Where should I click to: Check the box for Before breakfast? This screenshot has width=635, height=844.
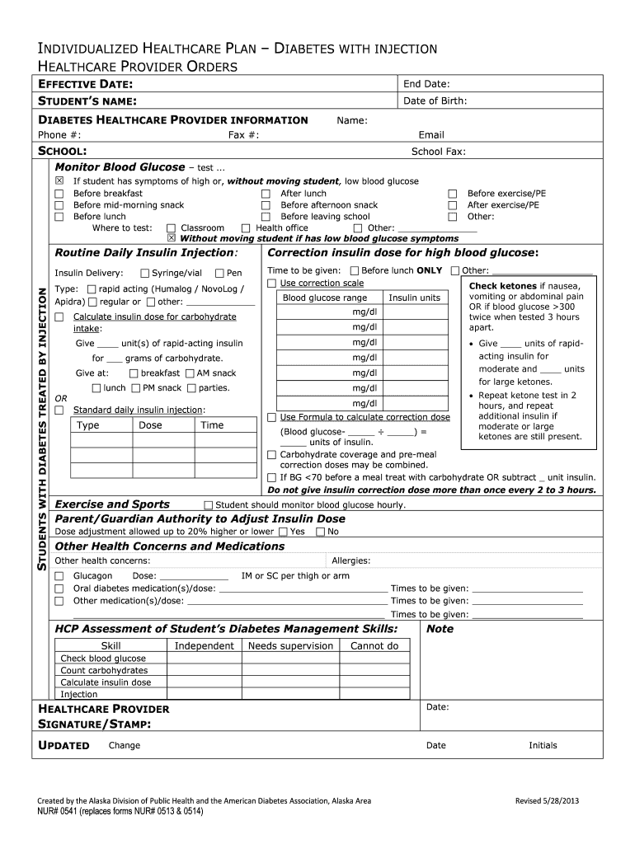tap(59, 194)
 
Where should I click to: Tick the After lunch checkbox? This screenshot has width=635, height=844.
tap(266, 194)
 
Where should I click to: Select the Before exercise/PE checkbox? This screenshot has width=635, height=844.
tap(452, 194)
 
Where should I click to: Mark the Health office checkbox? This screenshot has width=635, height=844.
tap(246, 228)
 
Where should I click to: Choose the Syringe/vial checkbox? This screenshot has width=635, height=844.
tap(145, 274)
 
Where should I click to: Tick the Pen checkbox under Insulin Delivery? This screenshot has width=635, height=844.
tap(219, 274)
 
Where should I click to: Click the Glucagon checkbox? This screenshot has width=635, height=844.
tap(59, 576)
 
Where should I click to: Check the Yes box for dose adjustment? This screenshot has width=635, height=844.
tap(283, 532)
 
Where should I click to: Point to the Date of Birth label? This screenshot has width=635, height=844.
tap(435, 101)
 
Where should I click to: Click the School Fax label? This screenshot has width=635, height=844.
tap(438, 152)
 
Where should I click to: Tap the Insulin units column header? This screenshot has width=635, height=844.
tap(414, 298)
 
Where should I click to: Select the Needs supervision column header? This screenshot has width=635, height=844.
tap(290, 646)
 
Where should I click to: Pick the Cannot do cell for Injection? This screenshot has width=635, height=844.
tap(374, 694)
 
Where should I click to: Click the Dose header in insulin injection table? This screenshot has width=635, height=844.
tap(151, 425)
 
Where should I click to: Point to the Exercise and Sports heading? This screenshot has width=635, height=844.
tap(112, 504)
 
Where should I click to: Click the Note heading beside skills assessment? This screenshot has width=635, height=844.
tap(440, 629)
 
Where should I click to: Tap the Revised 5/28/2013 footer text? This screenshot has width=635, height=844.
tap(548, 801)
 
